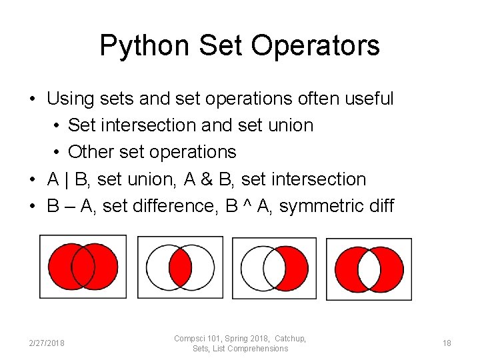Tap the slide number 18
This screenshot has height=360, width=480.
click(x=447, y=343)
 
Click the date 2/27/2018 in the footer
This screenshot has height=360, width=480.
click(x=47, y=343)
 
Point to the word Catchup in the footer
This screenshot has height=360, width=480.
click(x=289, y=339)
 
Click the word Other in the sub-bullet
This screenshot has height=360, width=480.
click(x=87, y=152)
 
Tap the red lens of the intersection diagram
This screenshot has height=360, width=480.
click(x=179, y=267)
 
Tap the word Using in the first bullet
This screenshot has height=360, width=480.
click(x=70, y=99)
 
